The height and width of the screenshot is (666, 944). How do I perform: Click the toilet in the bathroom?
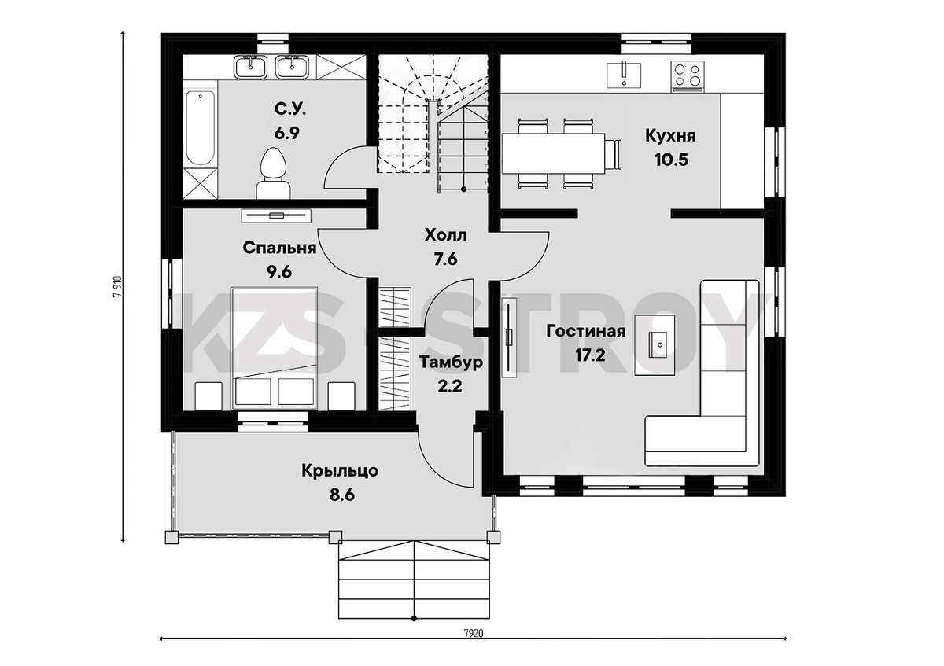273,174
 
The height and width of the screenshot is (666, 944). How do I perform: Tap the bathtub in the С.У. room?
201,128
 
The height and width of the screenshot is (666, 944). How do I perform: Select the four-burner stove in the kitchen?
688,76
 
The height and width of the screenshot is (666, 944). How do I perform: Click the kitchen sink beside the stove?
624,75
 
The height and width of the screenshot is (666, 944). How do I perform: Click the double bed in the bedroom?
275,348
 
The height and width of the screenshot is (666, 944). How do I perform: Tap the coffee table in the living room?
655,344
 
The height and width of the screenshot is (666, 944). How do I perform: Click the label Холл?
445,235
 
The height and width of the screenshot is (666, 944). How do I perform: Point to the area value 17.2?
591,355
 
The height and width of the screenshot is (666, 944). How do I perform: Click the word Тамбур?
451,362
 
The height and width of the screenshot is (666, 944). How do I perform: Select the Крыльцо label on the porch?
340,471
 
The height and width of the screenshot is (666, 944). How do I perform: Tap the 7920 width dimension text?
474,645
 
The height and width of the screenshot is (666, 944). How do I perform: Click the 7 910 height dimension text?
117,286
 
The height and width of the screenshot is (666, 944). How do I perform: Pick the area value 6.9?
286,134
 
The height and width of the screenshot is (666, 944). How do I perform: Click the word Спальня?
279,248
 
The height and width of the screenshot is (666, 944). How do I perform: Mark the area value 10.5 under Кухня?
671,160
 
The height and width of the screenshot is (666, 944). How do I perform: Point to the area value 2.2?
450,386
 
